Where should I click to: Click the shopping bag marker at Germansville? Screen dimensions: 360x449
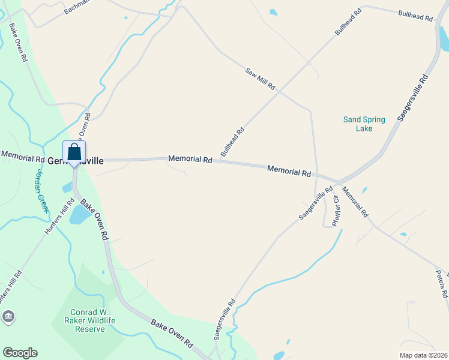coord(74,152)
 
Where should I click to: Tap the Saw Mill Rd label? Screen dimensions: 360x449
coord(260,79)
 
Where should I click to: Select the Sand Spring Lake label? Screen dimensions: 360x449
coord(364,124)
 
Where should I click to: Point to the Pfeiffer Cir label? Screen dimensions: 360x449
coord(336,214)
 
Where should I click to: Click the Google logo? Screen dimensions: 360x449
coord(20,353)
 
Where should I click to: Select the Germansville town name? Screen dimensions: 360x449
coord(76,161)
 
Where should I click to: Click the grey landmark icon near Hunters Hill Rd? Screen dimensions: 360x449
coord(8,317)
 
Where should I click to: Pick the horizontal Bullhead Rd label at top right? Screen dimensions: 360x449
coord(415,16)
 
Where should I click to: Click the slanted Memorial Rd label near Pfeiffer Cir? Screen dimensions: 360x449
coord(355,202)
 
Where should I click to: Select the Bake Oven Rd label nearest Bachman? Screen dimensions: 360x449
coord(18,43)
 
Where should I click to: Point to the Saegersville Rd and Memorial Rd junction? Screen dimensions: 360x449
coord(338,182)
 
